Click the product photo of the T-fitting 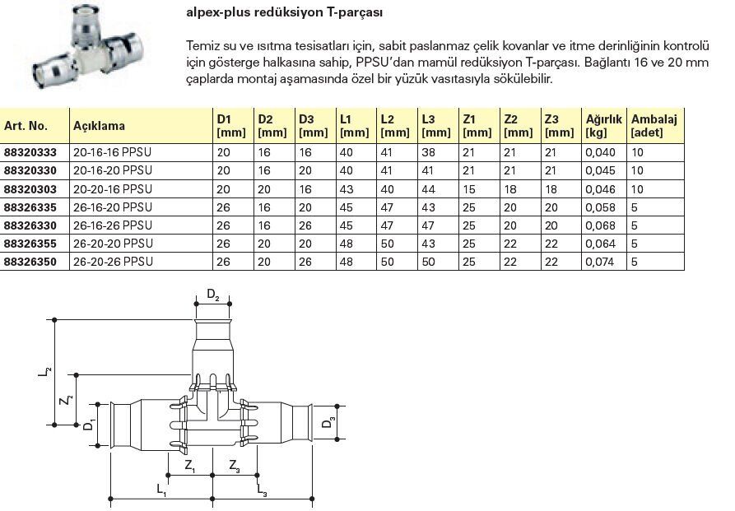point(82,48)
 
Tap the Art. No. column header point(26,126)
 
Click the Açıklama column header point(100,126)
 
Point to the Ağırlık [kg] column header point(603,126)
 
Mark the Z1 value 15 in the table point(467,188)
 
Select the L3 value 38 point(427,152)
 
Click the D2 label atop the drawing point(212,294)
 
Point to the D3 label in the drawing point(328,423)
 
